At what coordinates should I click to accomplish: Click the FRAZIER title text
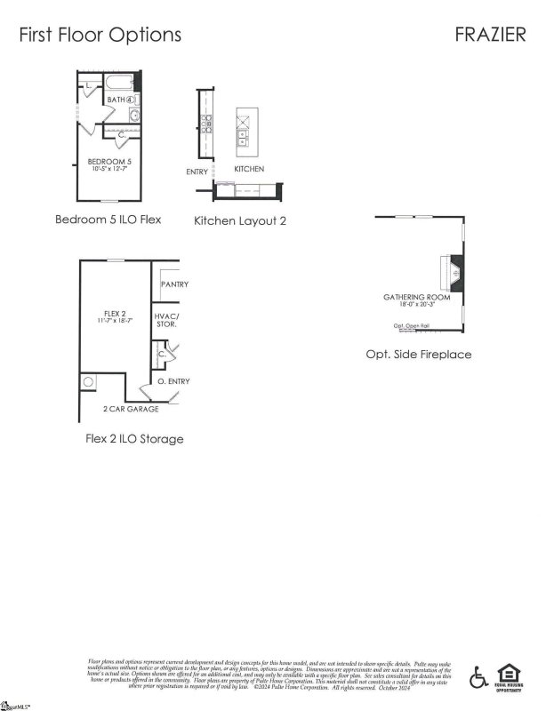click(488, 34)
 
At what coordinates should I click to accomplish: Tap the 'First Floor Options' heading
click(100, 34)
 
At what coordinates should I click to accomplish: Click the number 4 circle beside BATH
click(130, 100)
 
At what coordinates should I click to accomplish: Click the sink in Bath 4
click(135, 116)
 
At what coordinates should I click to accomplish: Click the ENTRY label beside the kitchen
click(197, 172)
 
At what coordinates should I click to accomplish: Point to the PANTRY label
click(174, 284)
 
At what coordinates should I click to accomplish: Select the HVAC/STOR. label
click(167, 321)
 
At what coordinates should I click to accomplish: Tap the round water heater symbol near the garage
click(88, 383)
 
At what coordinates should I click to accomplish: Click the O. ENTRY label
click(173, 381)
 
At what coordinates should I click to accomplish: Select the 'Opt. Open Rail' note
click(412, 325)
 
